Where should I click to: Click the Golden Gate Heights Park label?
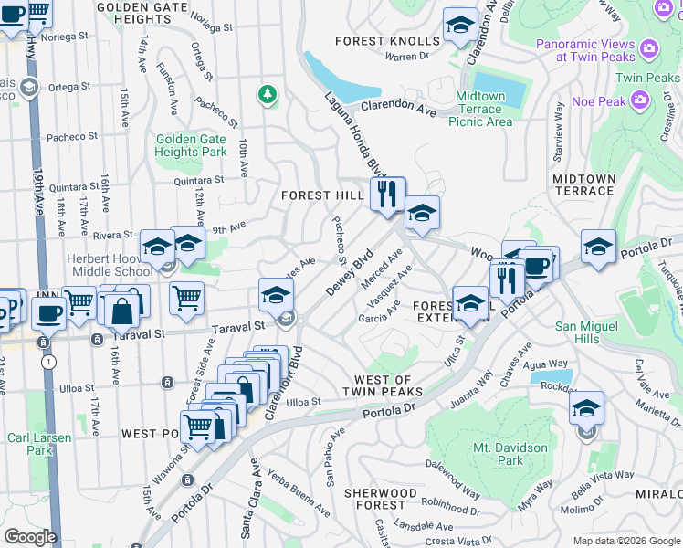(x=191, y=145)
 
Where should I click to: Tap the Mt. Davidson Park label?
(x=510, y=454)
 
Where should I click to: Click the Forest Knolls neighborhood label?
(x=387, y=41)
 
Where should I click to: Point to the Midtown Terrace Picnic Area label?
(x=480, y=109)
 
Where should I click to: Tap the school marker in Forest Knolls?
(x=460, y=26)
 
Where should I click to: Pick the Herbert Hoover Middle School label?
(x=109, y=265)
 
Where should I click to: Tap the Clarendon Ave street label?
(x=398, y=106)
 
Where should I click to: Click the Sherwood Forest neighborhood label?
(x=381, y=499)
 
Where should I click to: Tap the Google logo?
(x=30, y=536)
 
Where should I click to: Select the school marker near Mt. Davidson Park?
(x=586, y=407)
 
